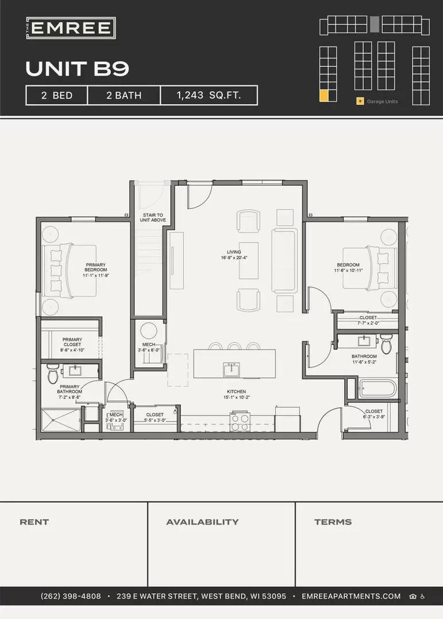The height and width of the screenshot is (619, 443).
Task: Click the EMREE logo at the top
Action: (x=71, y=28)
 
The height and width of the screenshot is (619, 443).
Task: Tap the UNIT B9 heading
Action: (x=77, y=69)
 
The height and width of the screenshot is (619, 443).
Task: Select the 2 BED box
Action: (x=57, y=95)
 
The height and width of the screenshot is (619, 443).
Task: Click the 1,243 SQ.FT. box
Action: (x=208, y=95)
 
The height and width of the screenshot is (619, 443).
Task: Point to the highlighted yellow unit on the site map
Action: (x=324, y=96)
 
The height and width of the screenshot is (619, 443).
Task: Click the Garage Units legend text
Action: (x=382, y=101)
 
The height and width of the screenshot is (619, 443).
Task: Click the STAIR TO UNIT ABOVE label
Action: (x=153, y=217)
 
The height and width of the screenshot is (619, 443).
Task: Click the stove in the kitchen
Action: (x=239, y=422)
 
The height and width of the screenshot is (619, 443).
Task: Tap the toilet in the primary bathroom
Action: (x=53, y=374)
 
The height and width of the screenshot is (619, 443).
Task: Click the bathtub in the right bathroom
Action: (x=376, y=390)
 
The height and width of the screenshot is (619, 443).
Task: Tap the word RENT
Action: (x=34, y=522)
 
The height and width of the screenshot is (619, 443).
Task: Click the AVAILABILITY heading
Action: (x=202, y=522)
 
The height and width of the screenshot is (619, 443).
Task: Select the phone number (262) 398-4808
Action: (x=71, y=596)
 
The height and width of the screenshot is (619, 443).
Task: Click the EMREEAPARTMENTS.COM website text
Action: (x=351, y=596)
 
